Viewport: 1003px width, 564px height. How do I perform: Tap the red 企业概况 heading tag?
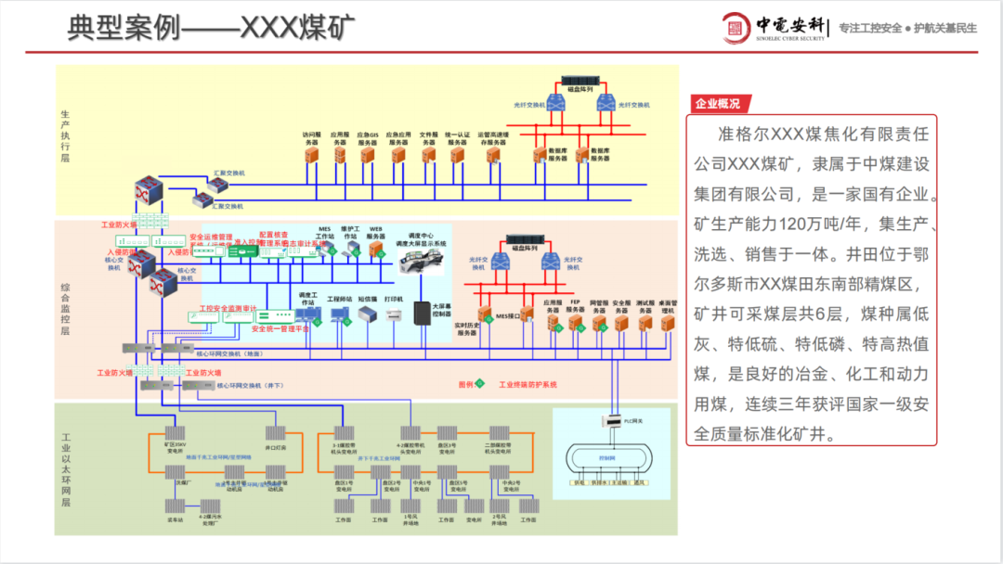[x=719, y=103]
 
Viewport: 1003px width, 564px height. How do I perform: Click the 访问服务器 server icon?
[x=311, y=155]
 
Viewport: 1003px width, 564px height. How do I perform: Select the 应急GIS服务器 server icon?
[x=369, y=155]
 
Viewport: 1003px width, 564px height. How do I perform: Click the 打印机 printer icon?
[x=393, y=314]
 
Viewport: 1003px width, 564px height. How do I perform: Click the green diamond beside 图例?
[x=480, y=383]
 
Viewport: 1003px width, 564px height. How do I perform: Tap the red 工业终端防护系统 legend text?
[x=528, y=384]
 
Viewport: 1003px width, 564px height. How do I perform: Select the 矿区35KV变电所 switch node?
[x=173, y=433]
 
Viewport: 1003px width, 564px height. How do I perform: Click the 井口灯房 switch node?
[x=275, y=433]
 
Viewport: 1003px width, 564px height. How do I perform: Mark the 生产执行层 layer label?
[x=65, y=135]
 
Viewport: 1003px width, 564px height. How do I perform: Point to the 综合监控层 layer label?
[x=65, y=312]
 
